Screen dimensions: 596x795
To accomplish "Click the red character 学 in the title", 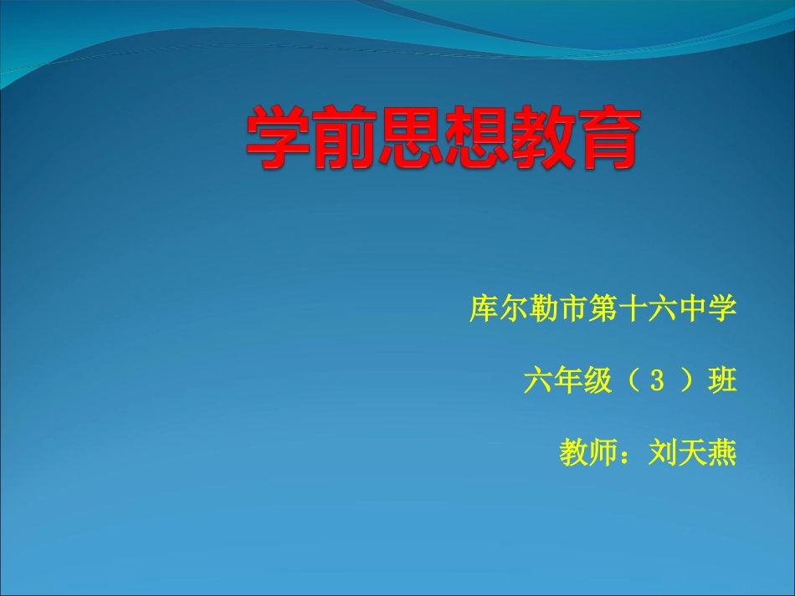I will coord(279,138).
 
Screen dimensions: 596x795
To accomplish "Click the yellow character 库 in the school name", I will coord(484,309).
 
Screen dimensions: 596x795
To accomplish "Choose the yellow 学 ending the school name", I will coord(723,309).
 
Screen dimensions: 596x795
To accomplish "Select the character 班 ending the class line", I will coord(722,381).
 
